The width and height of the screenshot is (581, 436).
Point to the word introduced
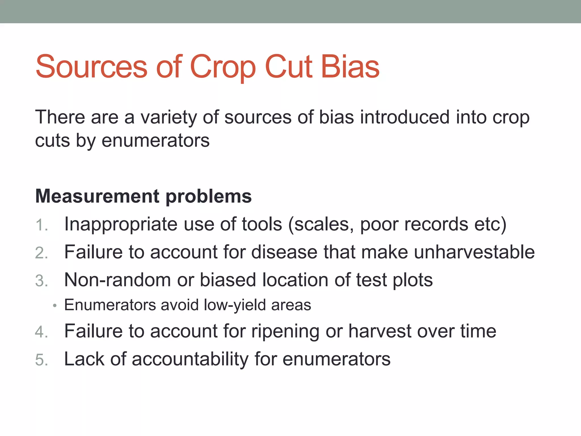click(x=405, y=117)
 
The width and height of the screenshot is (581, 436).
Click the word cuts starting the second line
click(x=52, y=141)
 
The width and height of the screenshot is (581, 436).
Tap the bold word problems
click(x=209, y=197)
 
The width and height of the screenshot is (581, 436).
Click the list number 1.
click(x=41, y=226)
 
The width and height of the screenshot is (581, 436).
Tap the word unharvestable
click(x=474, y=252)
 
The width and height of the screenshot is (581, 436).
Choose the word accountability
click(x=190, y=359)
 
